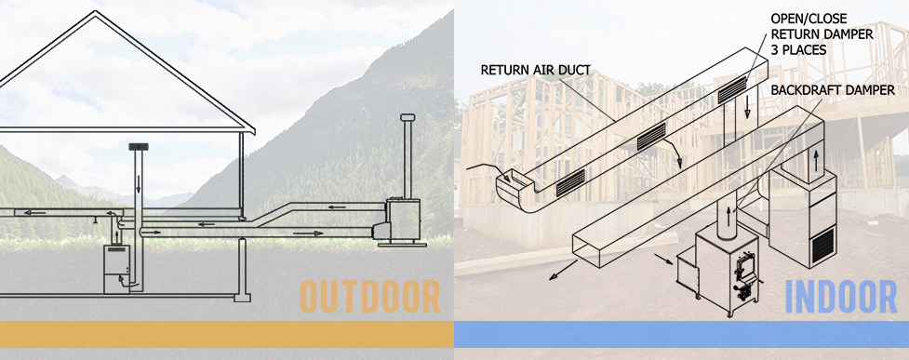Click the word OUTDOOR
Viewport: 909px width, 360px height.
click(x=370, y=297)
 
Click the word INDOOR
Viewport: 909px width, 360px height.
click(x=841, y=297)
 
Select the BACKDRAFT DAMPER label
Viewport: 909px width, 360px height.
click(x=833, y=90)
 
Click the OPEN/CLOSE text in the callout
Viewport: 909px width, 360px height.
click(x=807, y=19)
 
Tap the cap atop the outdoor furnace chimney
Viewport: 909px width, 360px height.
click(x=407, y=117)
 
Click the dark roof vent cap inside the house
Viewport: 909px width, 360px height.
click(x=139, y=147)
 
